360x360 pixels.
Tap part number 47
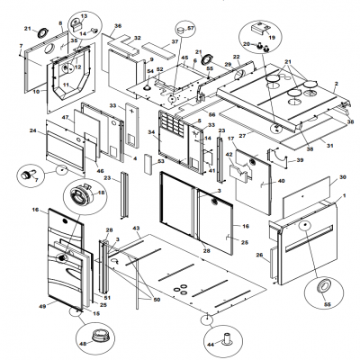click(67, 118)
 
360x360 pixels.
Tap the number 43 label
click(136, 228)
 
